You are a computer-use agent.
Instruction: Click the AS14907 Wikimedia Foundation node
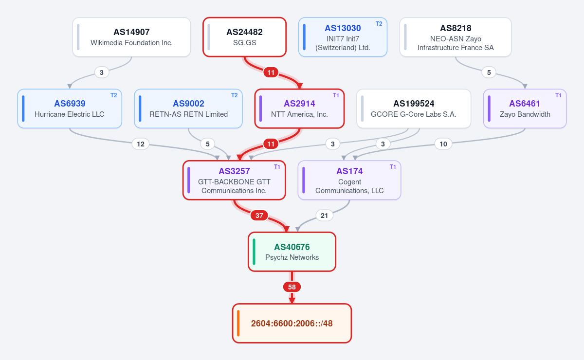(131, 37)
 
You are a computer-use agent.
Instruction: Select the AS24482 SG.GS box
(244, 37)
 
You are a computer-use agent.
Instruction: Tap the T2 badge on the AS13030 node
(379, 24)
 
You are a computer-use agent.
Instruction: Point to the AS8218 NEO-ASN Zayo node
(456, 37)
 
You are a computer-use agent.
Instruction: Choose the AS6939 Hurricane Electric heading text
(70, 104)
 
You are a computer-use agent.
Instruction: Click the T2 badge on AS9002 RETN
(235, 95)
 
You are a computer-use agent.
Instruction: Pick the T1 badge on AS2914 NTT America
(336, 95)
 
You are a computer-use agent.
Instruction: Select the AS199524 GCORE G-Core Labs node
(414, 108)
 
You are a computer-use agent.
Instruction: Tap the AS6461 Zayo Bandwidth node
(525, 108)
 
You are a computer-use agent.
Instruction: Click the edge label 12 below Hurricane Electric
(141, 144)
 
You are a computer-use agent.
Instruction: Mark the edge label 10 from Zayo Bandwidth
(443, 144)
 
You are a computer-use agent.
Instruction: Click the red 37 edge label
(259, 216)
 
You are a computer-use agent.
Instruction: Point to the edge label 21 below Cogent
(324, 216)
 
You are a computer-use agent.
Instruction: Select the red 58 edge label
(292, 287)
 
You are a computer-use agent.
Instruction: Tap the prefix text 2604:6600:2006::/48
(292, 324)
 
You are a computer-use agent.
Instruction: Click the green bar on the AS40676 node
(254, 252)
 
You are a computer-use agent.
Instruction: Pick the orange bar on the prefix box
(238, 323)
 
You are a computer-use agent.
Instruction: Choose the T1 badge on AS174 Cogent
(393, 167)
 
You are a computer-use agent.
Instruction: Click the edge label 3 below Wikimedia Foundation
(102, 72)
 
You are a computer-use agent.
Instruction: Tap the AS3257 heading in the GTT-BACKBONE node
(234, 171)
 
